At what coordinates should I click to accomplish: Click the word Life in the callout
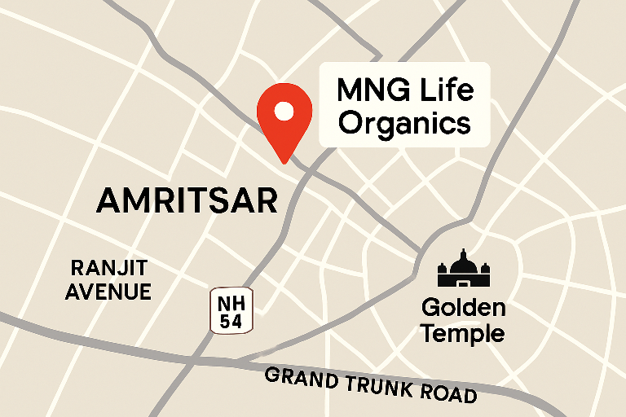click(x=445, y=90)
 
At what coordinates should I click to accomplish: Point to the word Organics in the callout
click(x=404, y=124)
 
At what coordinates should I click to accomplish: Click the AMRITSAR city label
click(x=187, y=200)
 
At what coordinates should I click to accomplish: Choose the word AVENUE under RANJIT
click(x=108, y=292)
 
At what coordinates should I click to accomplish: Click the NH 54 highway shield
click(x=231, y=310)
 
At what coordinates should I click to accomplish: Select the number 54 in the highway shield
click(x=231, y=321)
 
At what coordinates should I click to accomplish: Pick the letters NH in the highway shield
click(x=231, y=301)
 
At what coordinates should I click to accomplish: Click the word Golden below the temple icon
click(x=463, y=308)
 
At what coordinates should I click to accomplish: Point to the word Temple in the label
click(x=463, y=333)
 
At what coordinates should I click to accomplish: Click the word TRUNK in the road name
click(x=378, y=387)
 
